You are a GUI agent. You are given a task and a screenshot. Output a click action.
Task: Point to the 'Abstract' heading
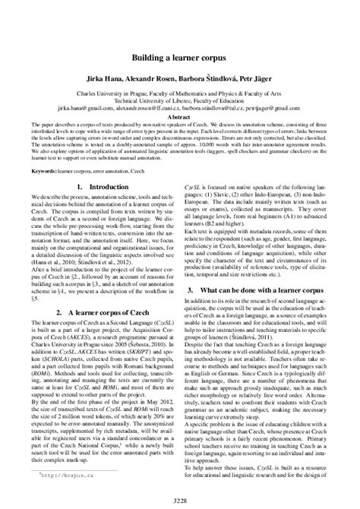179,118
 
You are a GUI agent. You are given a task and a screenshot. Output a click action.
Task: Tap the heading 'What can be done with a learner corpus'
271,291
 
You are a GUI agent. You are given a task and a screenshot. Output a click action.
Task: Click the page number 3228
179,498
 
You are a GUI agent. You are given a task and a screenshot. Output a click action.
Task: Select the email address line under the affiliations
179,109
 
